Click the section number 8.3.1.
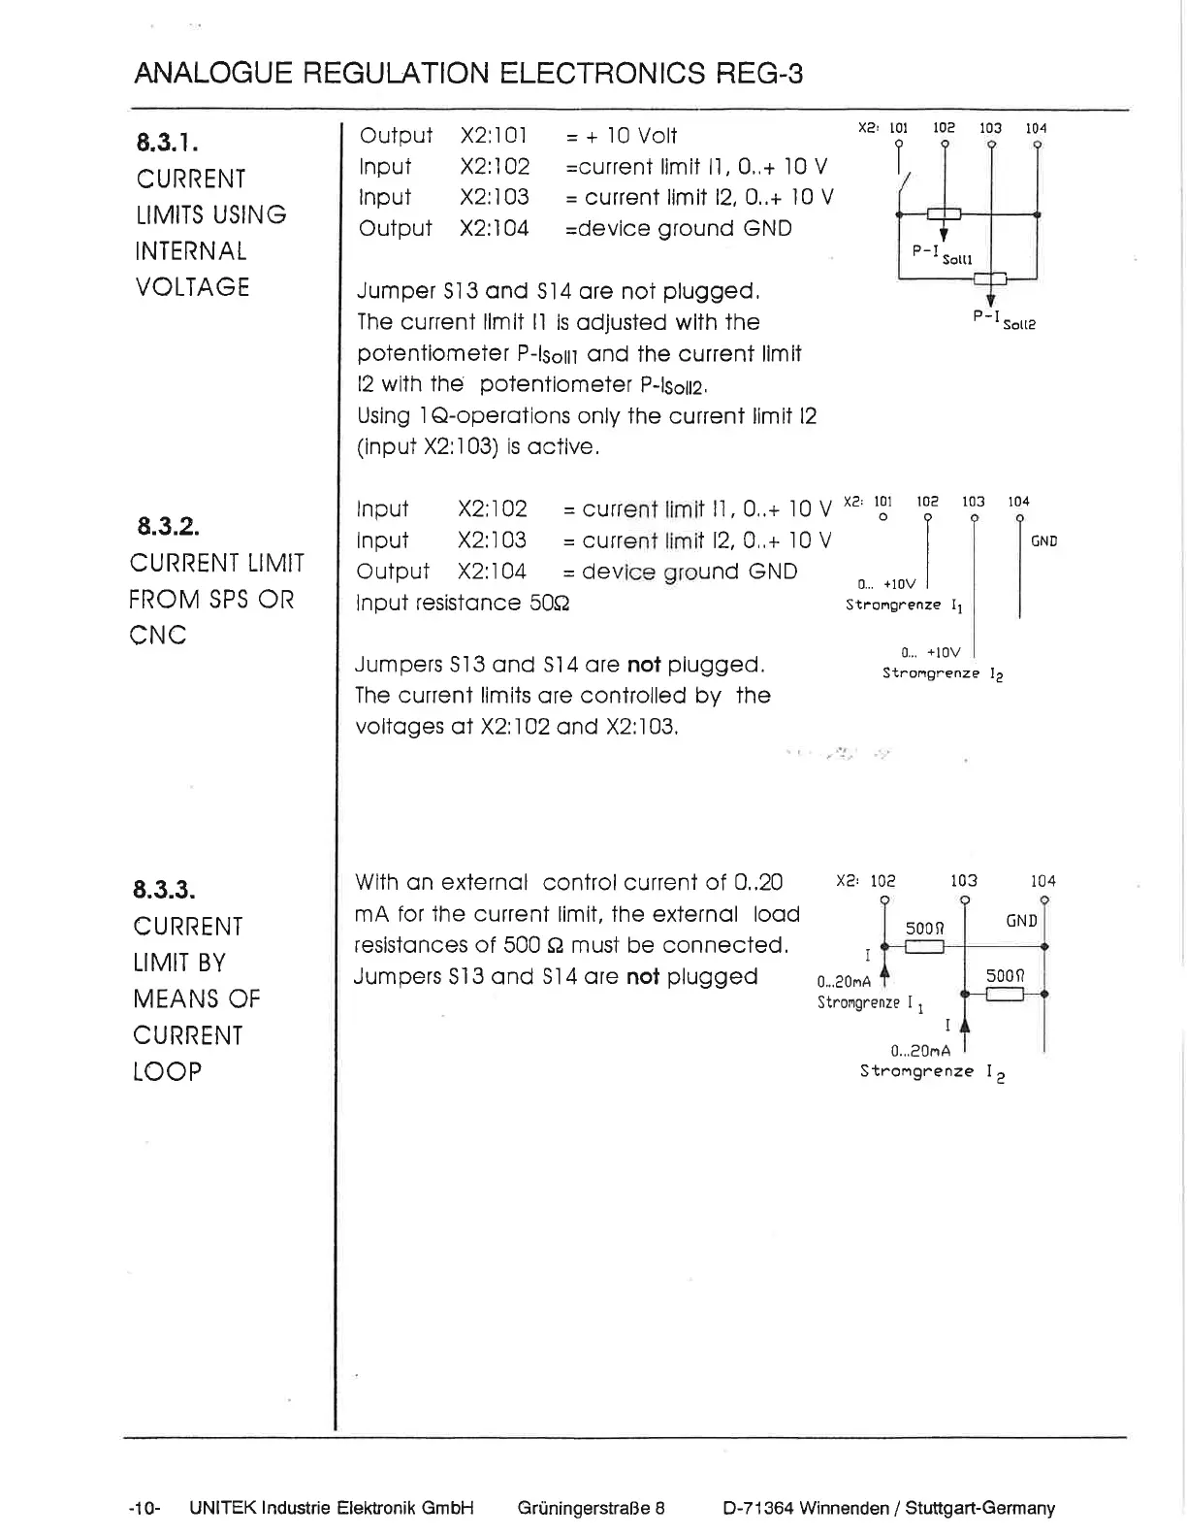[x=168, y=143]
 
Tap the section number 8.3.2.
[x=168, y=527]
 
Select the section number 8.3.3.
[x=164, y=890]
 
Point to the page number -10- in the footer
[x=144, y=1508]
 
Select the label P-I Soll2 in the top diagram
[x=1004, y=320]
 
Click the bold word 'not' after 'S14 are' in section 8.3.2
[x=644, y=665]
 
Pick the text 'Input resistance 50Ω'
[x=463, y=603]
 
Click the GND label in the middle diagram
[x=1043, y=541]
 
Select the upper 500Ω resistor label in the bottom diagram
[x=924, y=928]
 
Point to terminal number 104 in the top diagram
[x=1036, y=128]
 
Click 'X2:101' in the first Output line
[x=494, y=136]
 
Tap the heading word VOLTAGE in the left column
[x=193, y=287]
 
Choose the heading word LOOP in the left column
[x=167, y=1072]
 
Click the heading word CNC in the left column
[x=157, y=636]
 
